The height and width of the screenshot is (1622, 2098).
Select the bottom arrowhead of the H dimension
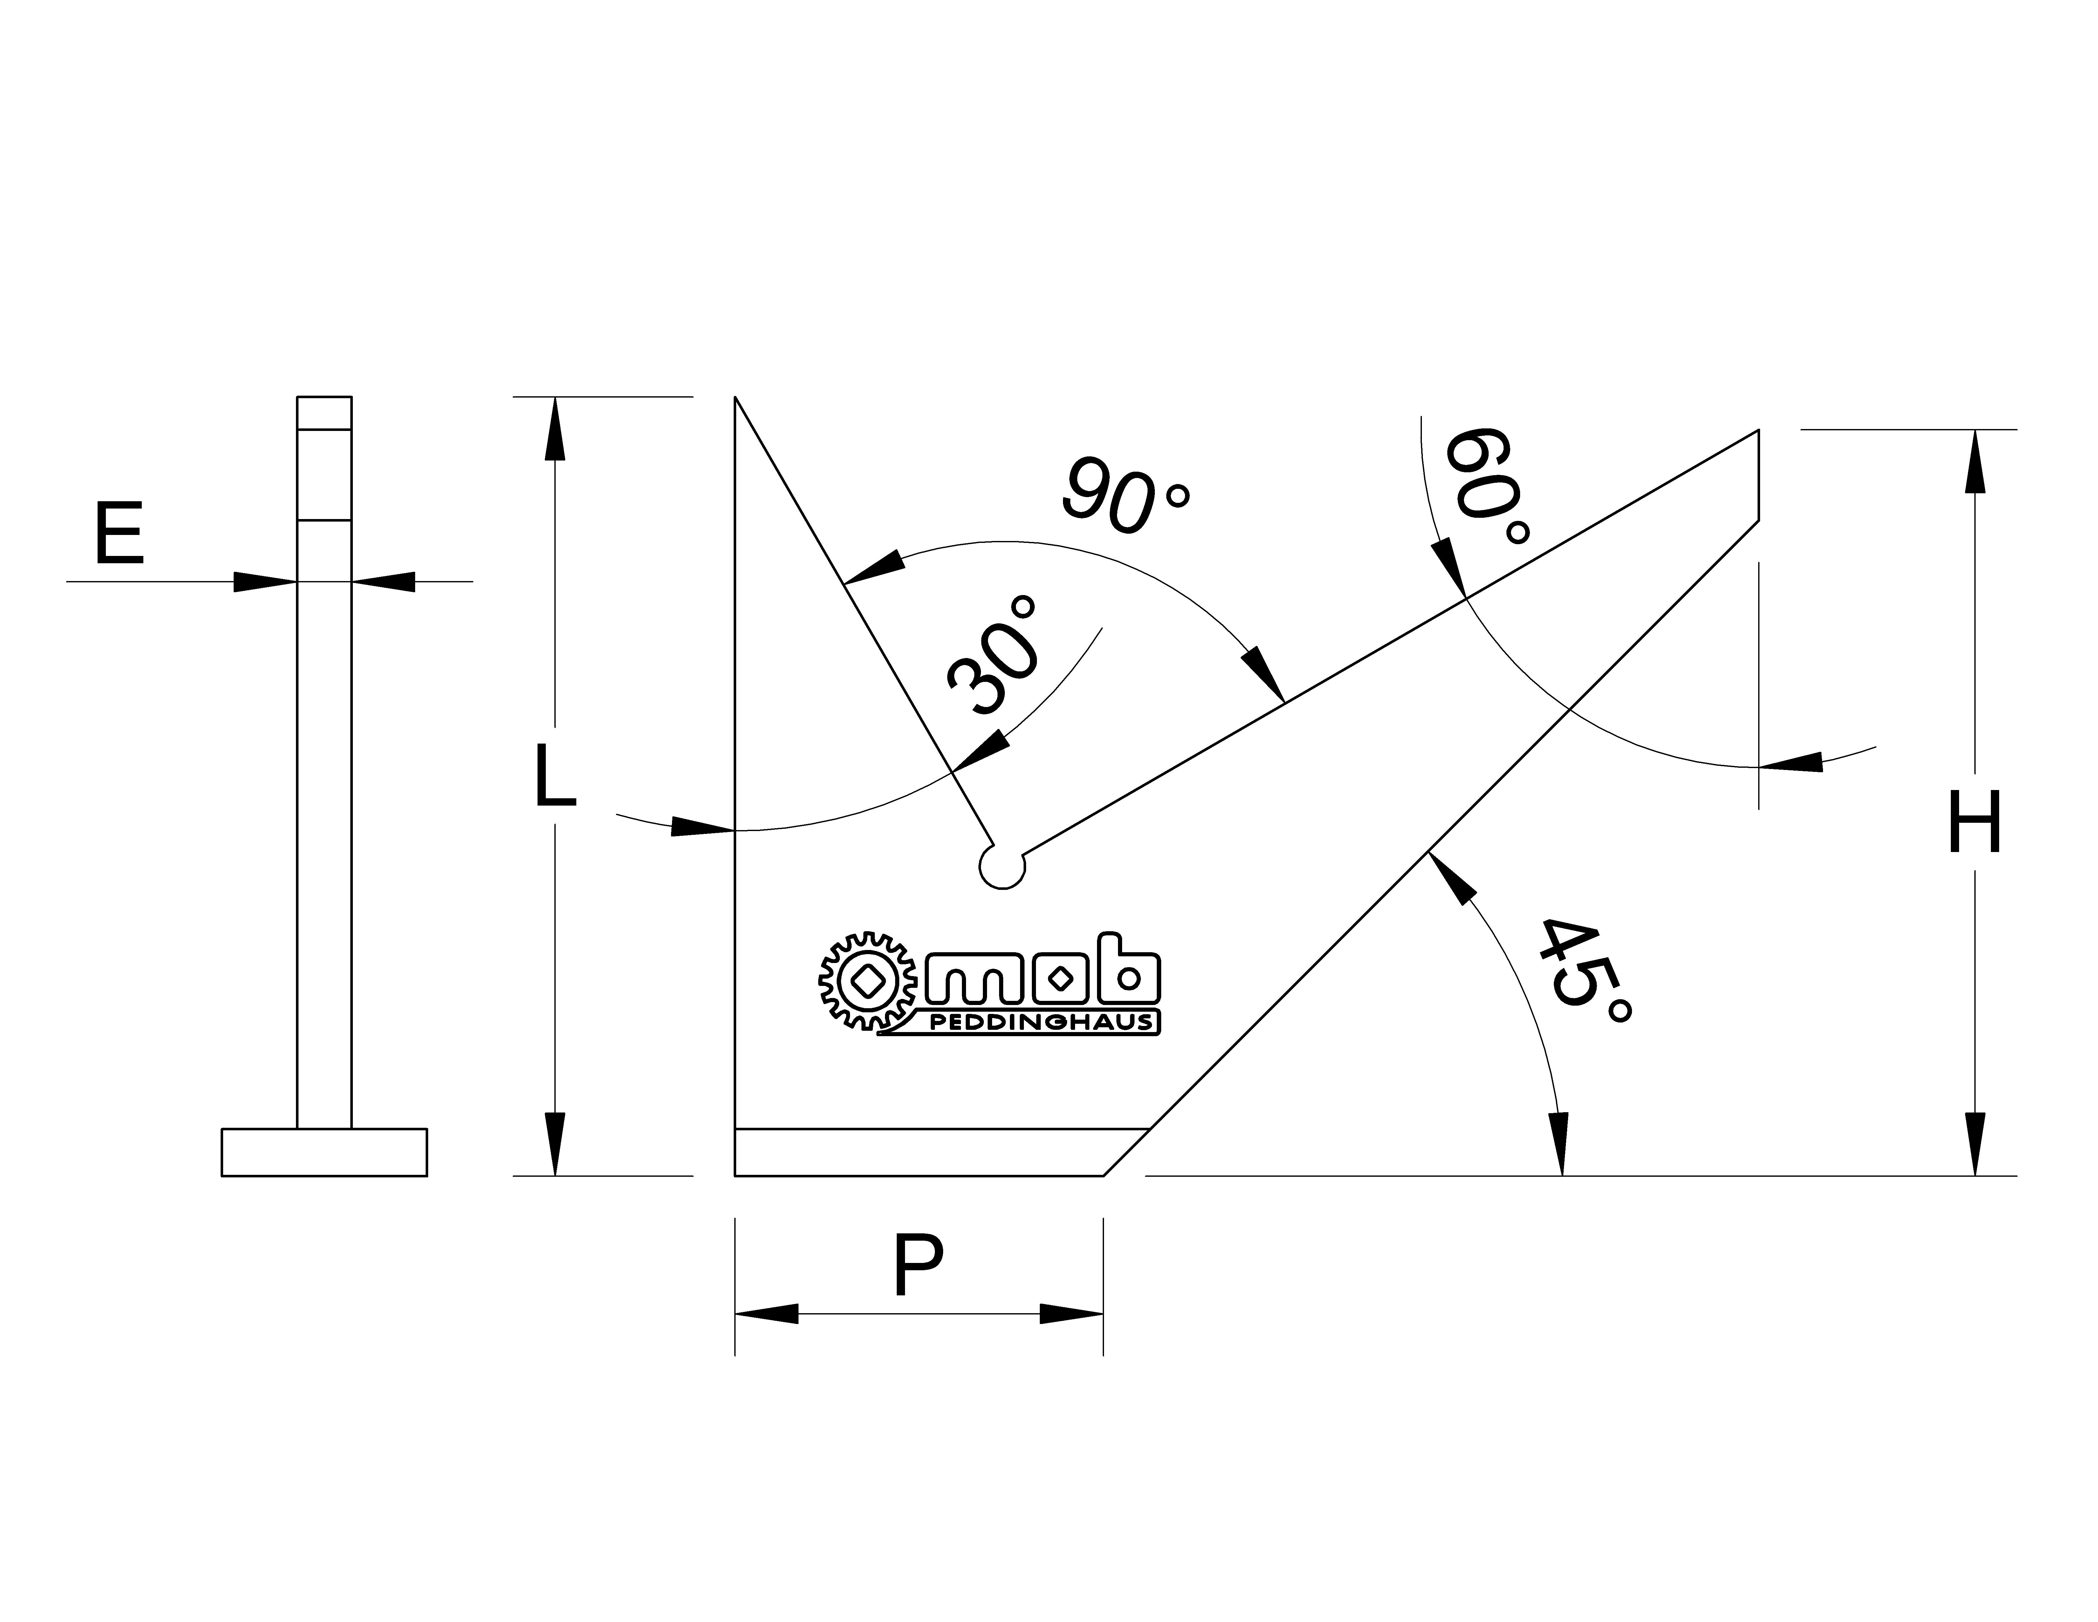[x=1974, y=1143]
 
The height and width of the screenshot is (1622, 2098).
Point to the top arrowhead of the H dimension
[x=1974, y=461]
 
